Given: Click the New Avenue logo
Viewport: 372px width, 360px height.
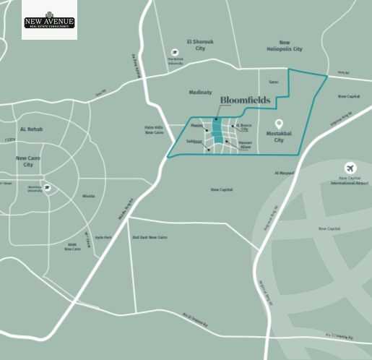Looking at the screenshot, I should (49, 20).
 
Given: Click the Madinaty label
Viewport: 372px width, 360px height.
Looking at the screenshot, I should (199, 92).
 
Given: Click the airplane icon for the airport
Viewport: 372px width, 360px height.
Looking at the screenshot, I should (351, 168).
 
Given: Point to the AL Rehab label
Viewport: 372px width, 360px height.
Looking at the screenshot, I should (32, 129).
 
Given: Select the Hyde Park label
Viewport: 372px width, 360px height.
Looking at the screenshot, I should (103, 237).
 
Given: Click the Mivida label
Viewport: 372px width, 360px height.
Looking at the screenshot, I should (88, 196).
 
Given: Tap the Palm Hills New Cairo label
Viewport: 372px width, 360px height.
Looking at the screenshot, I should (155, 130).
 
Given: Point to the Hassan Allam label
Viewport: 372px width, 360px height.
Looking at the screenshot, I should (245, 145).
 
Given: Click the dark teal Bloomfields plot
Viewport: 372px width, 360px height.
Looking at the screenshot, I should (217, 134).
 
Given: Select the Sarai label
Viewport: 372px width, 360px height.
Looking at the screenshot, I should (273, 82).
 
